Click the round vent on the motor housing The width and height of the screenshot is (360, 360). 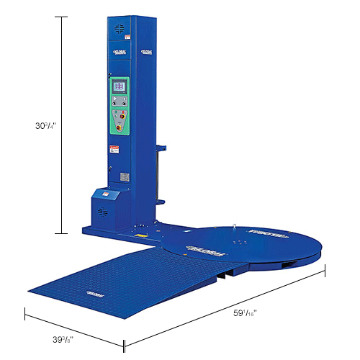click(100, 212)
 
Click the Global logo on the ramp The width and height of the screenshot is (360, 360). click(94, 294)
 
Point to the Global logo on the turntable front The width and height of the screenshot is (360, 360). click(197, 248)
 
